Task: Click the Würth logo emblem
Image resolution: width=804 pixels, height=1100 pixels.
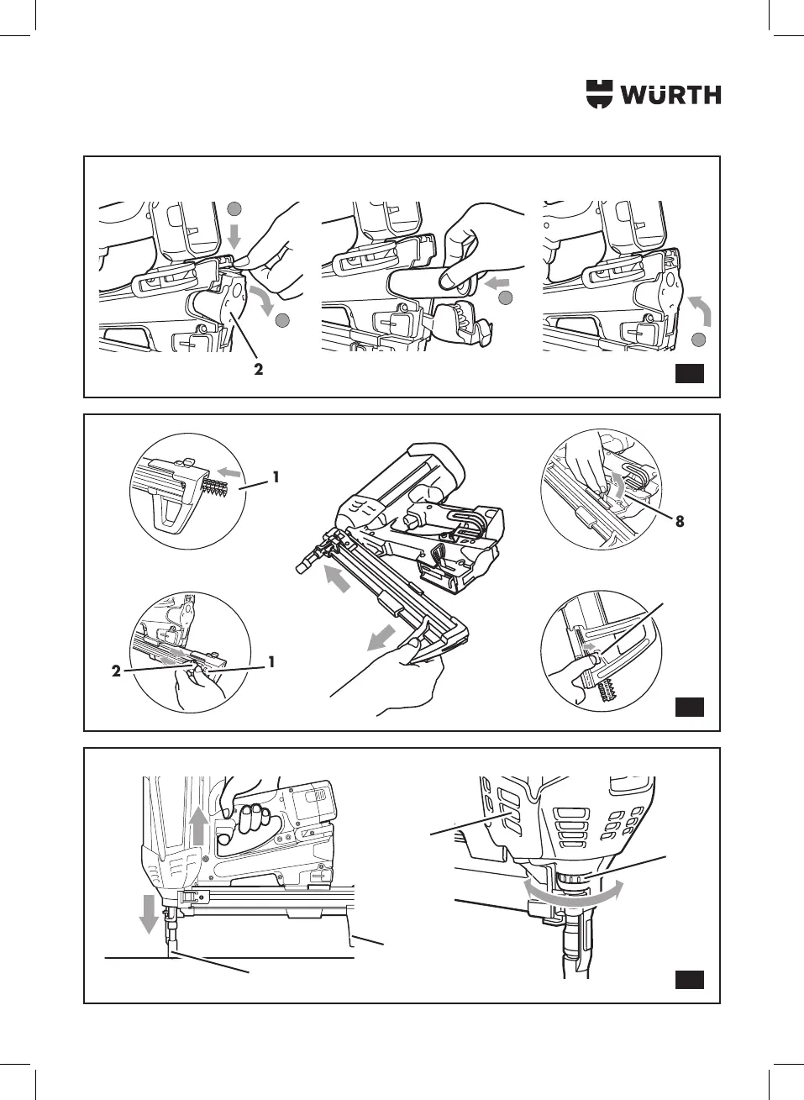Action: [x=599, y=94]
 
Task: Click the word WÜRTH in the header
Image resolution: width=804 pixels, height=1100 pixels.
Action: [x=670, y=95]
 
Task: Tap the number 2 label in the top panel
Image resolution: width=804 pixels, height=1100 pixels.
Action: [x=259, y=369]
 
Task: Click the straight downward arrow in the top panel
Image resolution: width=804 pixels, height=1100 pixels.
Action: [x=234, y=235]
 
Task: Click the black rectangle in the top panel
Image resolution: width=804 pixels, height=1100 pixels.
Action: [x=690, y=373]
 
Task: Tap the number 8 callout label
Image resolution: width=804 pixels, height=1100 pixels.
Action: [x=680, y=521]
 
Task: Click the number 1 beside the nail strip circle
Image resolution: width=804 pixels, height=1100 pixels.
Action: [x=275, y=477]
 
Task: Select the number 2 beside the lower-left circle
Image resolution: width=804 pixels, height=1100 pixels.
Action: [x=117, y=671]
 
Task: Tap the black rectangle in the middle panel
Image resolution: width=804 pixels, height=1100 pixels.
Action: [x=690, y=707]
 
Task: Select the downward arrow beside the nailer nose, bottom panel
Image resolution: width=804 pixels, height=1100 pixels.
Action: [x=149, y=913]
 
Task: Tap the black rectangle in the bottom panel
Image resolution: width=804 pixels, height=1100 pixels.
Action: [x=690, y=979]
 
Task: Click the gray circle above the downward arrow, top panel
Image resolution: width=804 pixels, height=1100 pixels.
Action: [x=235, y=209]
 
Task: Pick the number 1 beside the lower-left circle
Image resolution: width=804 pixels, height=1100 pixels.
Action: [x=271, y=662]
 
